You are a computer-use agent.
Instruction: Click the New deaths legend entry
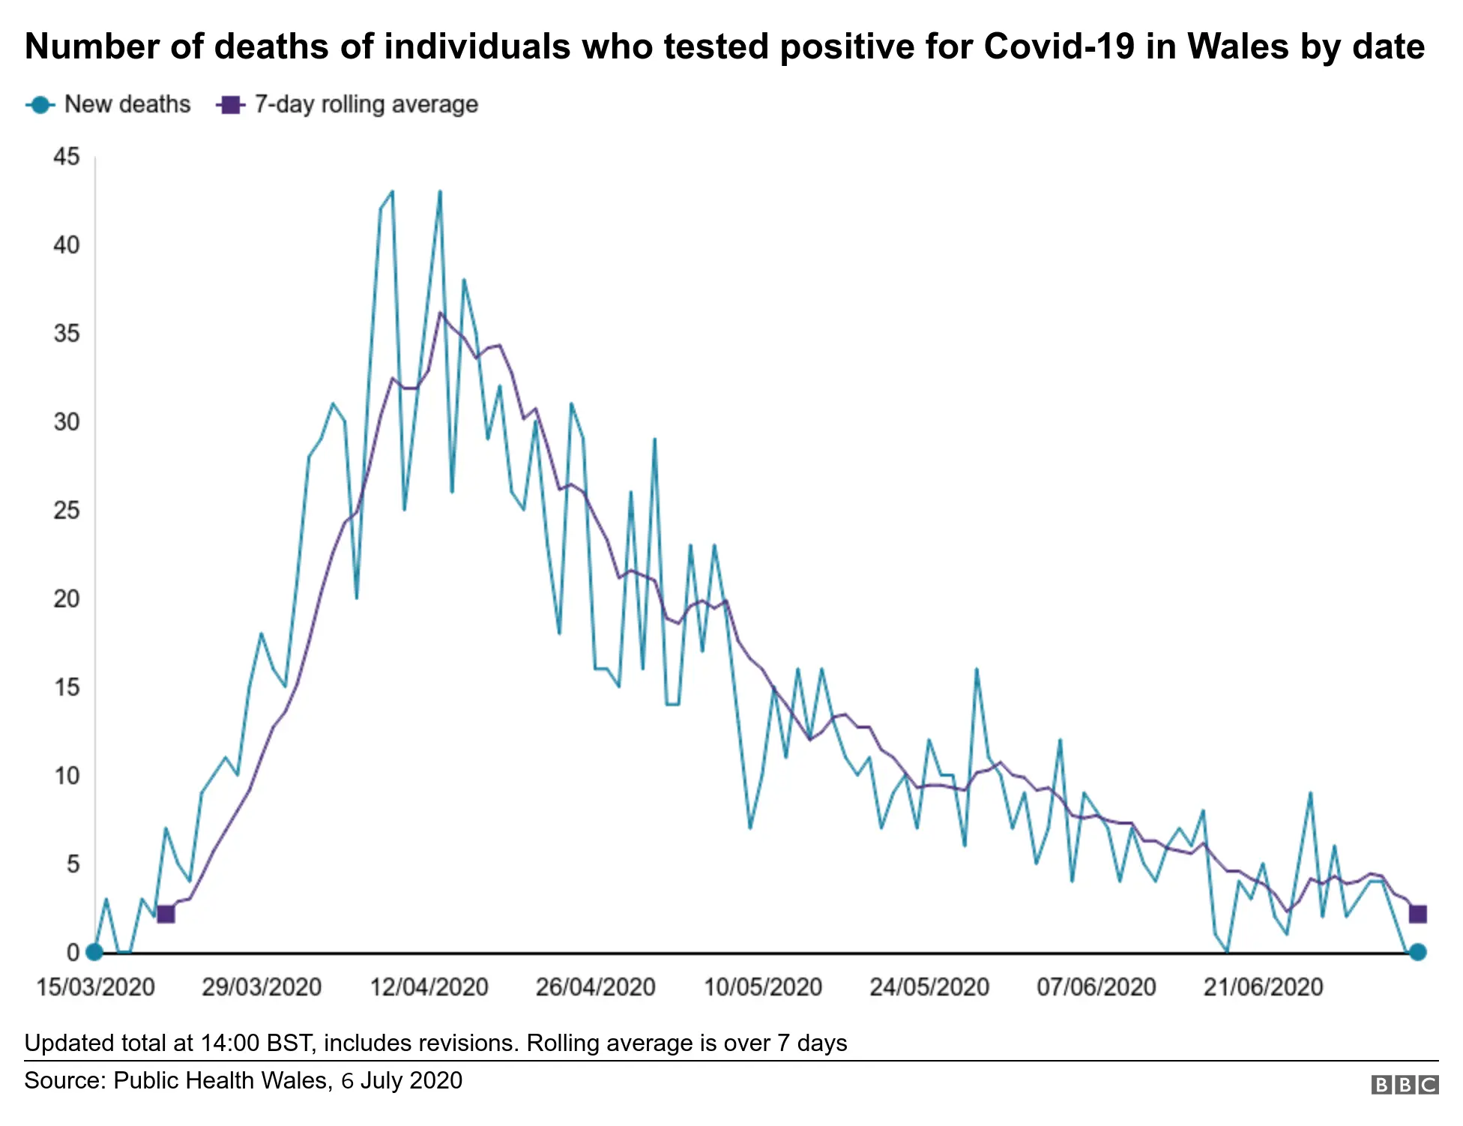109,104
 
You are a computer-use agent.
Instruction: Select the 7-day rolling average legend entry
347,104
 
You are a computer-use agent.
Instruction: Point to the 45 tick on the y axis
67,157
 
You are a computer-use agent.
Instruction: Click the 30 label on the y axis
67,422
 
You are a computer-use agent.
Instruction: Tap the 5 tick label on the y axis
73,864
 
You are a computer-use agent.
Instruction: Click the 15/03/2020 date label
95,987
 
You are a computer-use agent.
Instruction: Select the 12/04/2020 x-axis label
429,987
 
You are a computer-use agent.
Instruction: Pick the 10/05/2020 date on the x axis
763,987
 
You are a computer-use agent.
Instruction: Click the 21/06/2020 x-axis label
1264,987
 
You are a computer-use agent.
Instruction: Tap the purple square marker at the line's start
166,914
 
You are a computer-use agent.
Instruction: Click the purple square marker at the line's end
1417,914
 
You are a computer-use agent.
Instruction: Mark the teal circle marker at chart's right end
1417,952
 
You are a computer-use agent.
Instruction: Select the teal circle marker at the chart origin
94,952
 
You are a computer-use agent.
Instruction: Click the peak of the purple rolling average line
441,313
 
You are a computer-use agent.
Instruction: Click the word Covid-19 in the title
1059,46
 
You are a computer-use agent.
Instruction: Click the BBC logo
1405,1085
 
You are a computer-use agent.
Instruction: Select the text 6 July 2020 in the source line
402,1080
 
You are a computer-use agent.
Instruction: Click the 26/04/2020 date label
596,987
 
